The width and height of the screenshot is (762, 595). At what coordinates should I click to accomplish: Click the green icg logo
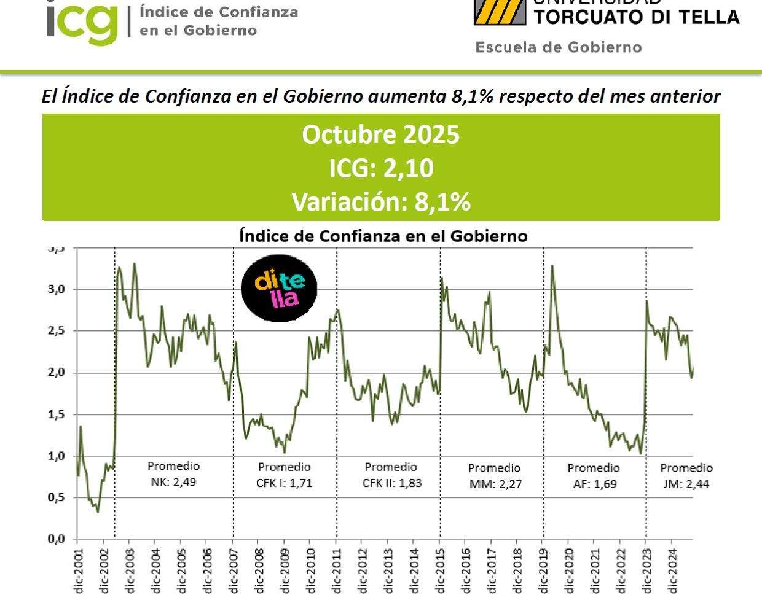pyautogui.click(x=81, y=23)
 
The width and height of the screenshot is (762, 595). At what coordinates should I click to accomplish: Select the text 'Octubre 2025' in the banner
pyautogui.click(x=380, y=134)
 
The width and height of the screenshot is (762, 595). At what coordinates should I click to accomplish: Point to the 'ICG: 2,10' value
pyautogui.click(x=380, y=168)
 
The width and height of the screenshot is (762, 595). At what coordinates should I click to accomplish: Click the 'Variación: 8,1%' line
pyautogui.click(x=380, y=201)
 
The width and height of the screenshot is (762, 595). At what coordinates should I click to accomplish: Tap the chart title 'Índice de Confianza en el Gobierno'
pyautogui.click(x=383, y=236)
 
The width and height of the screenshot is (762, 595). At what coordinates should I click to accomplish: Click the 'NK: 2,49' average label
pyautogui.click(x=173, y=482)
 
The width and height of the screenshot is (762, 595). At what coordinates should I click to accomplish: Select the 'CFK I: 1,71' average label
pyautogui.click(x=284, y=483)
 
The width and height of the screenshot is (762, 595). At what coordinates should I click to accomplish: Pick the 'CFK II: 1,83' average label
pyautogui.click(x=391, y=483)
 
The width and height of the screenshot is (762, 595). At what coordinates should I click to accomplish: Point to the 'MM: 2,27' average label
pyautogui.click(x=495, y=484)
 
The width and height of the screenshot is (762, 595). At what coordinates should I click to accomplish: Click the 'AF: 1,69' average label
pyautogui.click(x=594, y=484)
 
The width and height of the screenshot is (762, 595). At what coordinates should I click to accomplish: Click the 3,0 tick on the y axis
pyautogui.click(x=57, y=289)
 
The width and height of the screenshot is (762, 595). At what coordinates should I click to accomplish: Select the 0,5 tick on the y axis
pyautogui.click(x=57, y=498)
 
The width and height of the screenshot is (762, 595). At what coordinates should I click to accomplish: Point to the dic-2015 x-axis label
pyautogui.click(x=440, y=570)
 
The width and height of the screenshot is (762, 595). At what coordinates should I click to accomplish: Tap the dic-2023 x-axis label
pyautogui.click(x=646, y=570)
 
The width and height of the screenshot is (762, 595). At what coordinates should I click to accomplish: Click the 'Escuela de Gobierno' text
pyautogui.click(x=558, y=47)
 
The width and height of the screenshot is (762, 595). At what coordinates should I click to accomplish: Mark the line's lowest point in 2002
pyautogui.click(x=98, y=512)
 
